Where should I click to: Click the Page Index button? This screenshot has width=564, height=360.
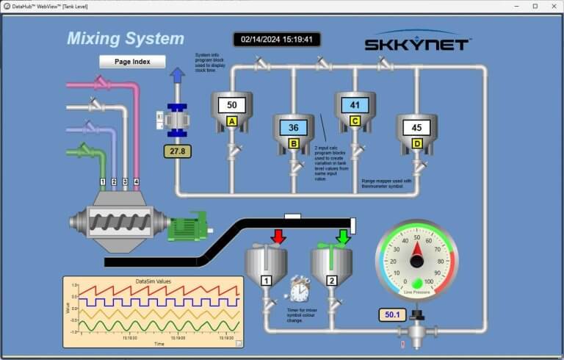(132, 62)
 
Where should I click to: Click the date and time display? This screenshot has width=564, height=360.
(277, 40)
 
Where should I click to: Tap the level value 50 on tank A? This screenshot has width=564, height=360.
(231, 105)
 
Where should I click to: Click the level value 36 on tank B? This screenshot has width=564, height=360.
(293, 128)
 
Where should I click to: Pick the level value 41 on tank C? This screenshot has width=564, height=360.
(355, 105)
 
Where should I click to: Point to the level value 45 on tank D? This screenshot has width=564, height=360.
(416, 128)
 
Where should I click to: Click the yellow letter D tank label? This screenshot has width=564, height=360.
(416, 144)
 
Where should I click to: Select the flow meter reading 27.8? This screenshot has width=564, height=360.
(177, 151)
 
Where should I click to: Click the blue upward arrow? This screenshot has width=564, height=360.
(177, 76)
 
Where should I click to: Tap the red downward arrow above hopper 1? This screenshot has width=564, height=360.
(278, 237)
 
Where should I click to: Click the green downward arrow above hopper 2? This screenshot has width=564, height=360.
(342, 237)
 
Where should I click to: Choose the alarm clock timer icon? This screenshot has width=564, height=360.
(300, 289)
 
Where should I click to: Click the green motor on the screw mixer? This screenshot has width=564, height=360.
(187, 229)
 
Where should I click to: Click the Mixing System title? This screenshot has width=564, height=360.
(126, 38)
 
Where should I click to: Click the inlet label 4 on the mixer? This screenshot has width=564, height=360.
(136, 181)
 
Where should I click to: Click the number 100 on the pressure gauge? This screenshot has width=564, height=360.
(428, 281)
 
